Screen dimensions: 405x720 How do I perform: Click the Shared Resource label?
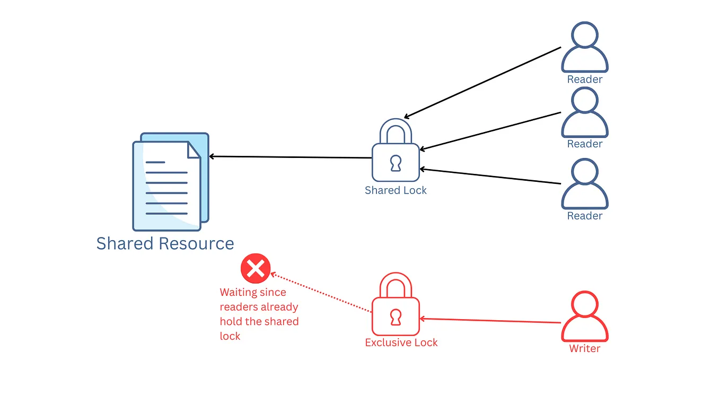[x=165, y=243]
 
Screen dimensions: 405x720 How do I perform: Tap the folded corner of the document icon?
[x=194, y=150]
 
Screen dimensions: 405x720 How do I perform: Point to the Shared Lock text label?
[x=396, y=190]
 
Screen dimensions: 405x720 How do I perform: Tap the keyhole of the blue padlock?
[x=396, y=163]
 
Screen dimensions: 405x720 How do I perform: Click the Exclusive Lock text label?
[x=401, y=342]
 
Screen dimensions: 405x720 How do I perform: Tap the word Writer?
[x=584, y=349]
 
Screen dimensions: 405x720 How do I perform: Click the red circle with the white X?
[x=256, y=269]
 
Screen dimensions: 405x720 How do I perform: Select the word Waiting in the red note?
[x=239, y=292]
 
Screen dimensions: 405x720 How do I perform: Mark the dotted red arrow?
[x=321, y=293]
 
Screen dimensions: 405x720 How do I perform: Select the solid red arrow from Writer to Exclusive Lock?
[x=490, y=321]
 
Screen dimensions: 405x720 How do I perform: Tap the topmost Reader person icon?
[x=584, y=48]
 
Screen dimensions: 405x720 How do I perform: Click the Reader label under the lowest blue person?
[x=584, y=216]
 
